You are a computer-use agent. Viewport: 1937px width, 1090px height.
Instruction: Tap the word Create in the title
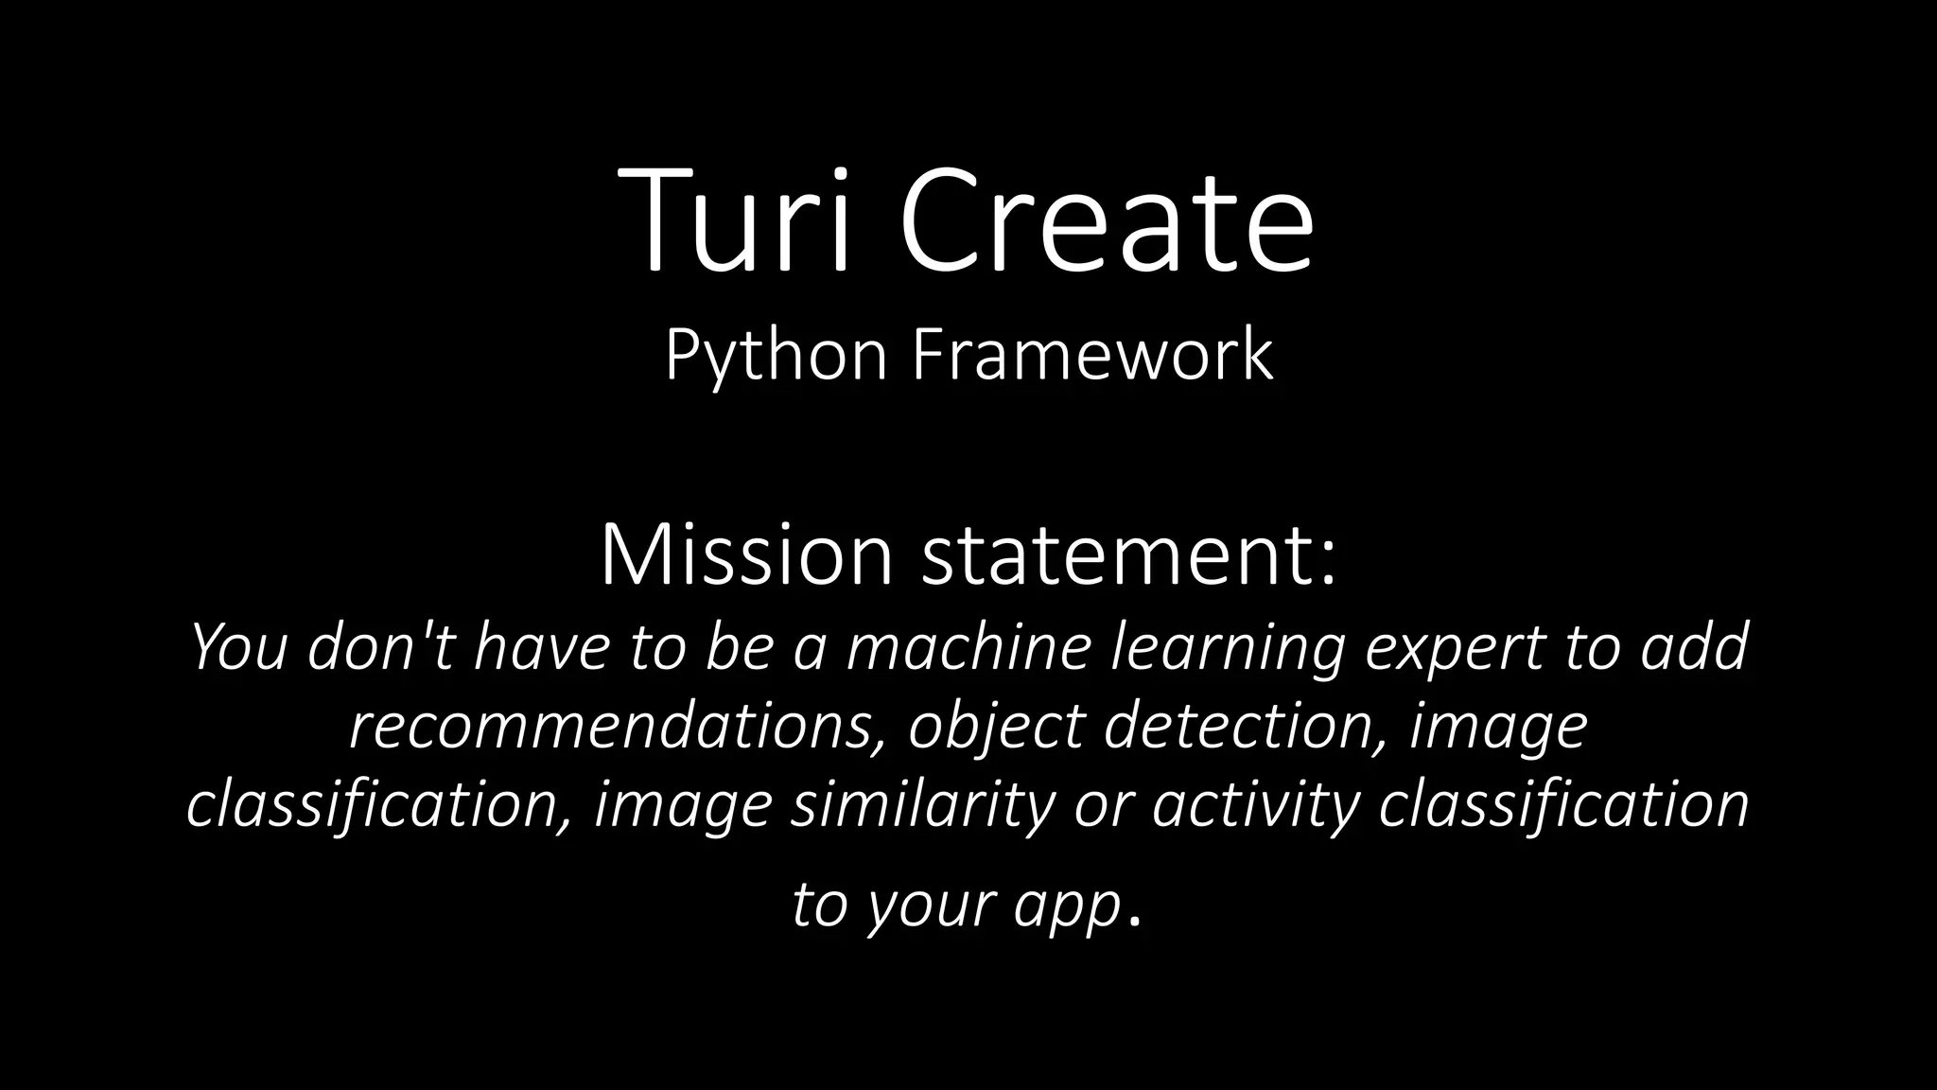[x=1106, y=220]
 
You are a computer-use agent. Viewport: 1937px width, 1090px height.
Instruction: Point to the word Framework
[x=1092, y=356]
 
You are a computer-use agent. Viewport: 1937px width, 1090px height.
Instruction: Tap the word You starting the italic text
[x=238, y=647]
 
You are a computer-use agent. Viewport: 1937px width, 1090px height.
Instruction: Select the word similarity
[x=922, y=806]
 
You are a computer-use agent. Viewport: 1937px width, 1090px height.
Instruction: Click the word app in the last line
[x=1068, y=906]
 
